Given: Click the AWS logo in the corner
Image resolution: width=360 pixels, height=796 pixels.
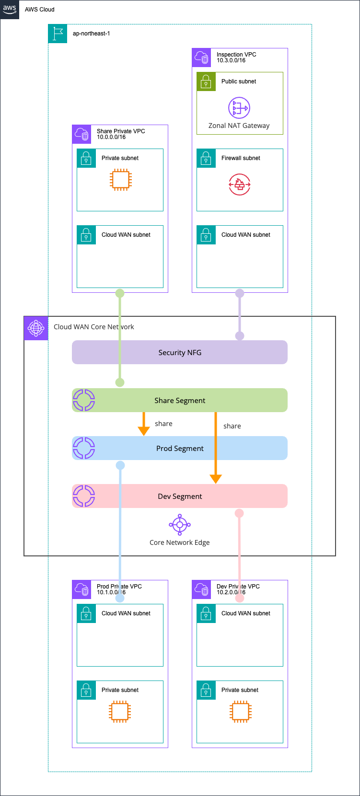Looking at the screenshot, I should click(x=10, y=9).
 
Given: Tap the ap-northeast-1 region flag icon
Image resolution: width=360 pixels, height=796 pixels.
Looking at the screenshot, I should click(x=58, y=34).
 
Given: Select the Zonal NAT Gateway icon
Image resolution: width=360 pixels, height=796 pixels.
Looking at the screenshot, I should click(x=239, y=108).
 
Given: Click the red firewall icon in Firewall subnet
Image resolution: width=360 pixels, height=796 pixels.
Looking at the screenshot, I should click(x=239, y=185).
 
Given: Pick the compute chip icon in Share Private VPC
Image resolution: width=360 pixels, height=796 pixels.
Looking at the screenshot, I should click(x=120, y=180).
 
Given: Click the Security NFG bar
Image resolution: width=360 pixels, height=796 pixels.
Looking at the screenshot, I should click(x=180, y=352).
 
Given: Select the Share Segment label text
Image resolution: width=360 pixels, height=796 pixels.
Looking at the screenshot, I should click(x=180, y=401).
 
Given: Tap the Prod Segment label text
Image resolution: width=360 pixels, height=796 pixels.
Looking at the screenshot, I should click(x=180, y=449).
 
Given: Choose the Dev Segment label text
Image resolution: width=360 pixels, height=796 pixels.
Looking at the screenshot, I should click(x=180, y=496).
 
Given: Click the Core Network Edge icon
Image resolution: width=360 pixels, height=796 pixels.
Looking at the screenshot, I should click(x=180, y=525).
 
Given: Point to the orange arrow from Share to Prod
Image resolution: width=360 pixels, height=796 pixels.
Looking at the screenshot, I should click(x=144, y=424).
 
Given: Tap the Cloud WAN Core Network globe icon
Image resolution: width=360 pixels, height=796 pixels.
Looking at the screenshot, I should click(x=36, y=328).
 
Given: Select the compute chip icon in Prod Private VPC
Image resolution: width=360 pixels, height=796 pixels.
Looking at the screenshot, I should click(x=120, y=712).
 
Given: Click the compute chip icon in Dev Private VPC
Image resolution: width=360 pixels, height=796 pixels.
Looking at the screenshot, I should click(x=240, y=712).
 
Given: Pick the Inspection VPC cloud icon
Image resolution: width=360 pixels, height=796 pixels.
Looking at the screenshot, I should click(x=201, y=58).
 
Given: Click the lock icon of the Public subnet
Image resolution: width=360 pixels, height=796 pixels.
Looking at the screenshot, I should click(x=206, y=81).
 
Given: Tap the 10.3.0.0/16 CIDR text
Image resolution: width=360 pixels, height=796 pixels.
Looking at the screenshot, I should click(x=231, y=60).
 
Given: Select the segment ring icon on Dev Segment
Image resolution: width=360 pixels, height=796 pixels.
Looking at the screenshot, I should click(x=84, y=496).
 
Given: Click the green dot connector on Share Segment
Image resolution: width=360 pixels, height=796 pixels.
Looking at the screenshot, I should click(x=120, y=382).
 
